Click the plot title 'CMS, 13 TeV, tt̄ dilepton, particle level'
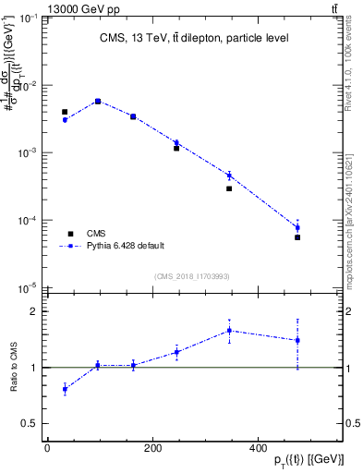point(194,38)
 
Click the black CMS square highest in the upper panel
point(98,102)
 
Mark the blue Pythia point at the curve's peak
point(98,101)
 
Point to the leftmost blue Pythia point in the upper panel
point(65,120)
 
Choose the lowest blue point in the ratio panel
point(65,389)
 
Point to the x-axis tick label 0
point(47,448)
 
